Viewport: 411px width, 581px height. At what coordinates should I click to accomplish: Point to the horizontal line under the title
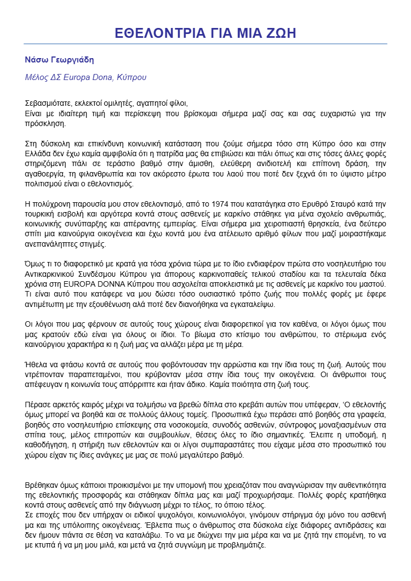point(206,44)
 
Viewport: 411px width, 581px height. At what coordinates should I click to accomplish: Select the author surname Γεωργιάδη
point(75,60)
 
